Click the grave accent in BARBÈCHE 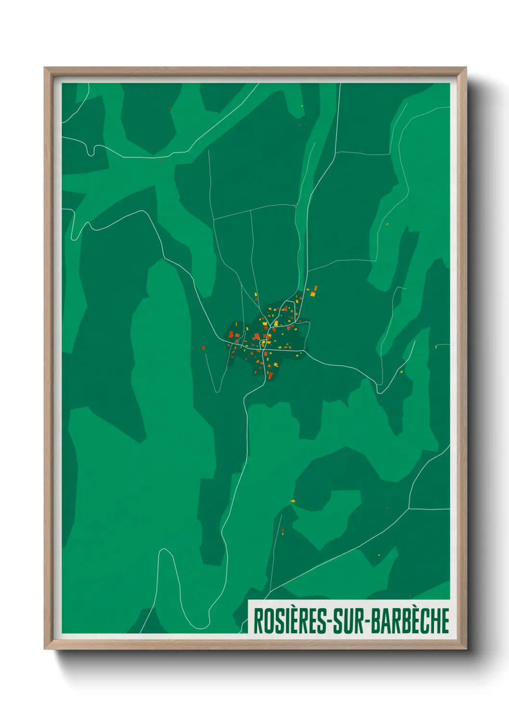click(x=416, y=608)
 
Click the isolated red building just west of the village click(x=204, y=347)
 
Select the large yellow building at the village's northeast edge click(x=313, y=292)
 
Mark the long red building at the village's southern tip click(x=270, y=375)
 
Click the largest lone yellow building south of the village click(x=293, y=501)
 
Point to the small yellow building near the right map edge click(x=436, y=347)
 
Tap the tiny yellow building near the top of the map click(x=302, y=106)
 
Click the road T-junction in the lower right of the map click(x=409, y=508)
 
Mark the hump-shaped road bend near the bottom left click(x=165, y=549)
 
